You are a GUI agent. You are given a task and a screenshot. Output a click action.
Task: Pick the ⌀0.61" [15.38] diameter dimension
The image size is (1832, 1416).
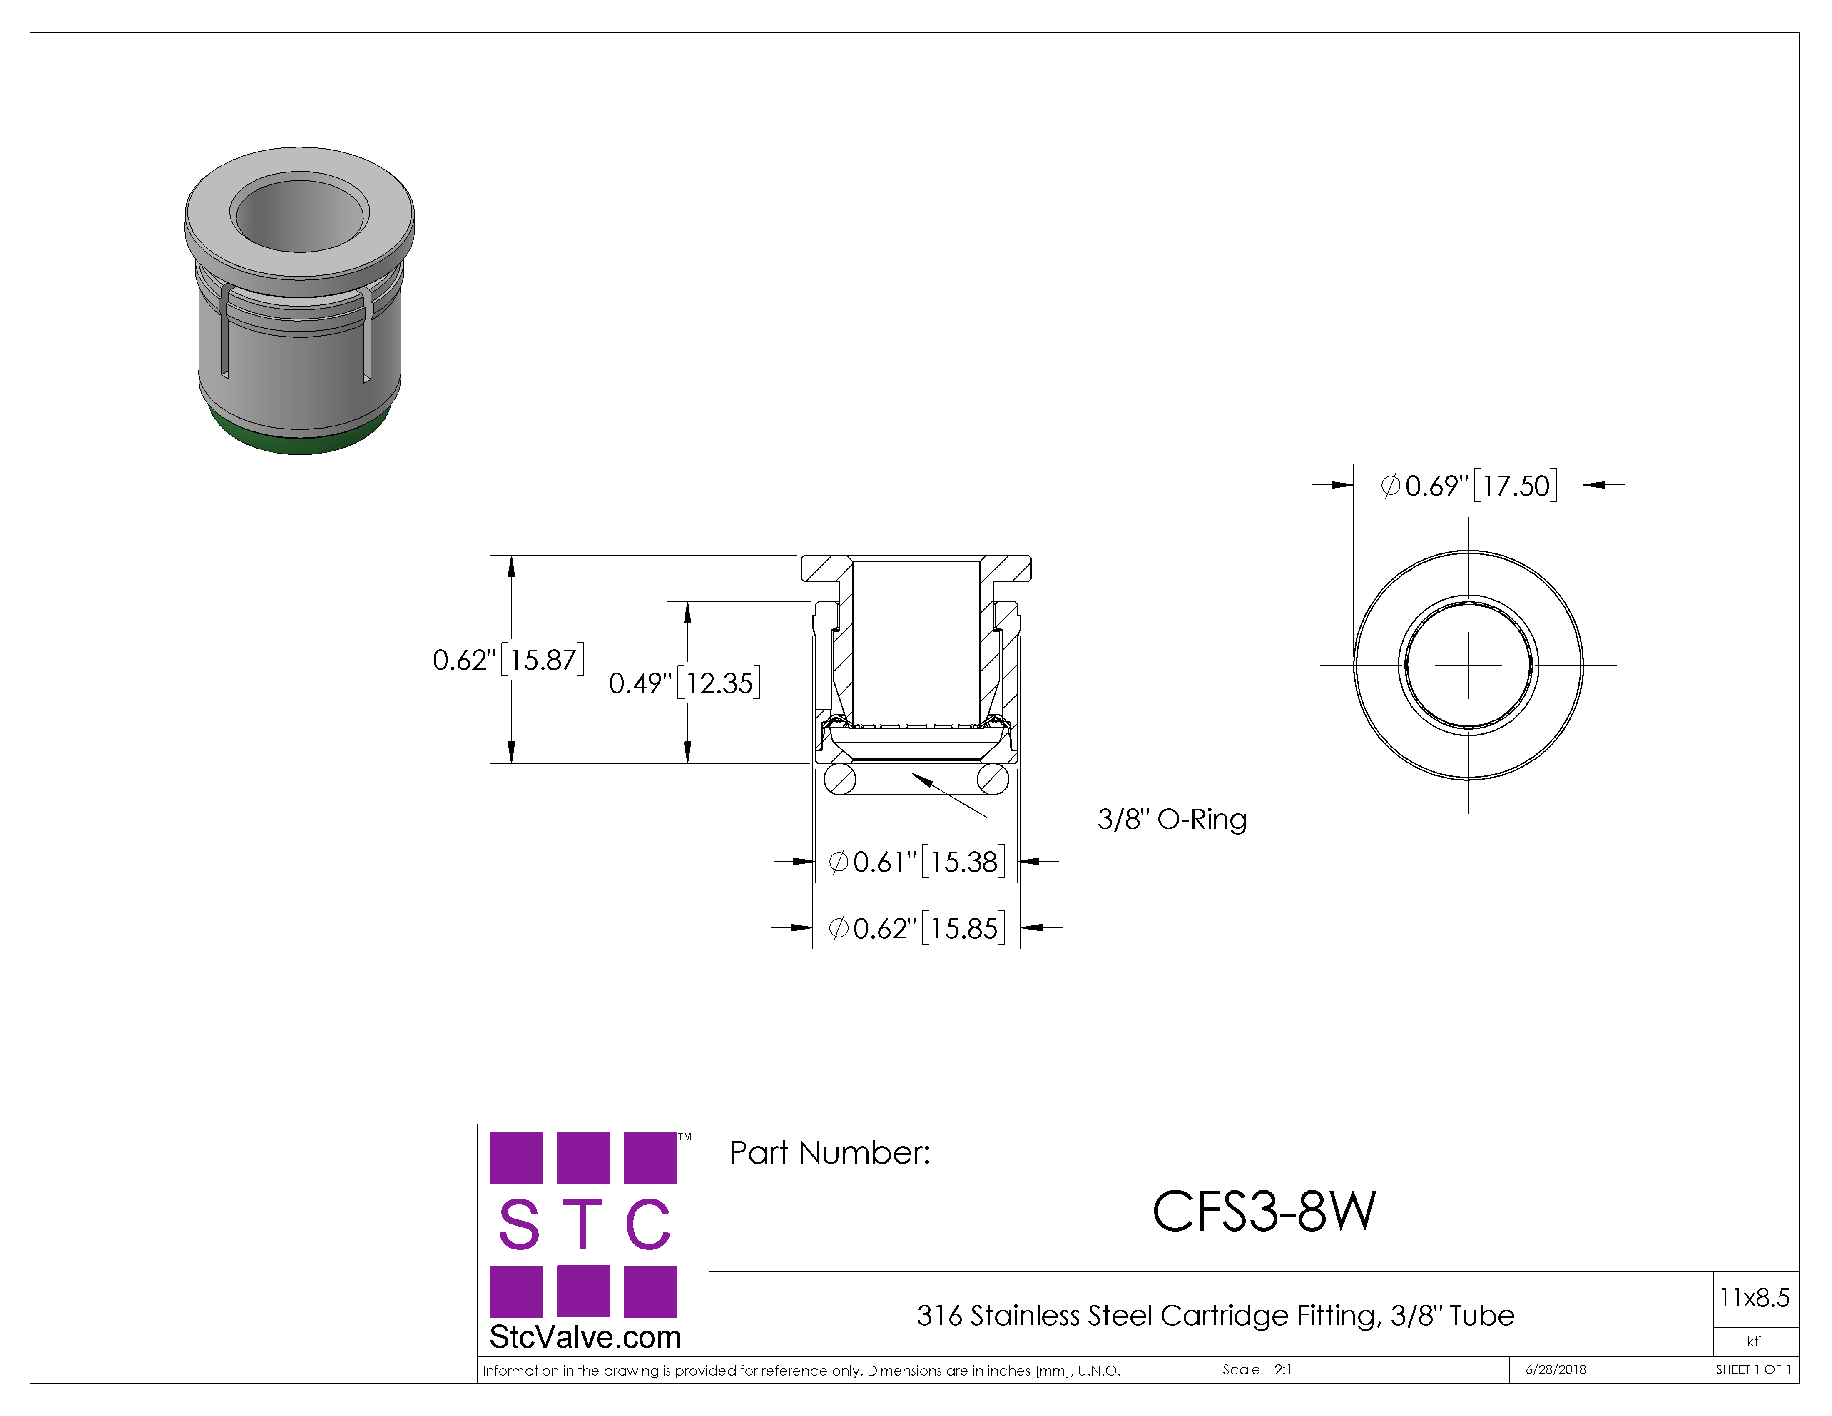coord(916,862)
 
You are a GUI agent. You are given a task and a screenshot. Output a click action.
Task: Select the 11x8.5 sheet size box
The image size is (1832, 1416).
coord(1755,1299)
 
